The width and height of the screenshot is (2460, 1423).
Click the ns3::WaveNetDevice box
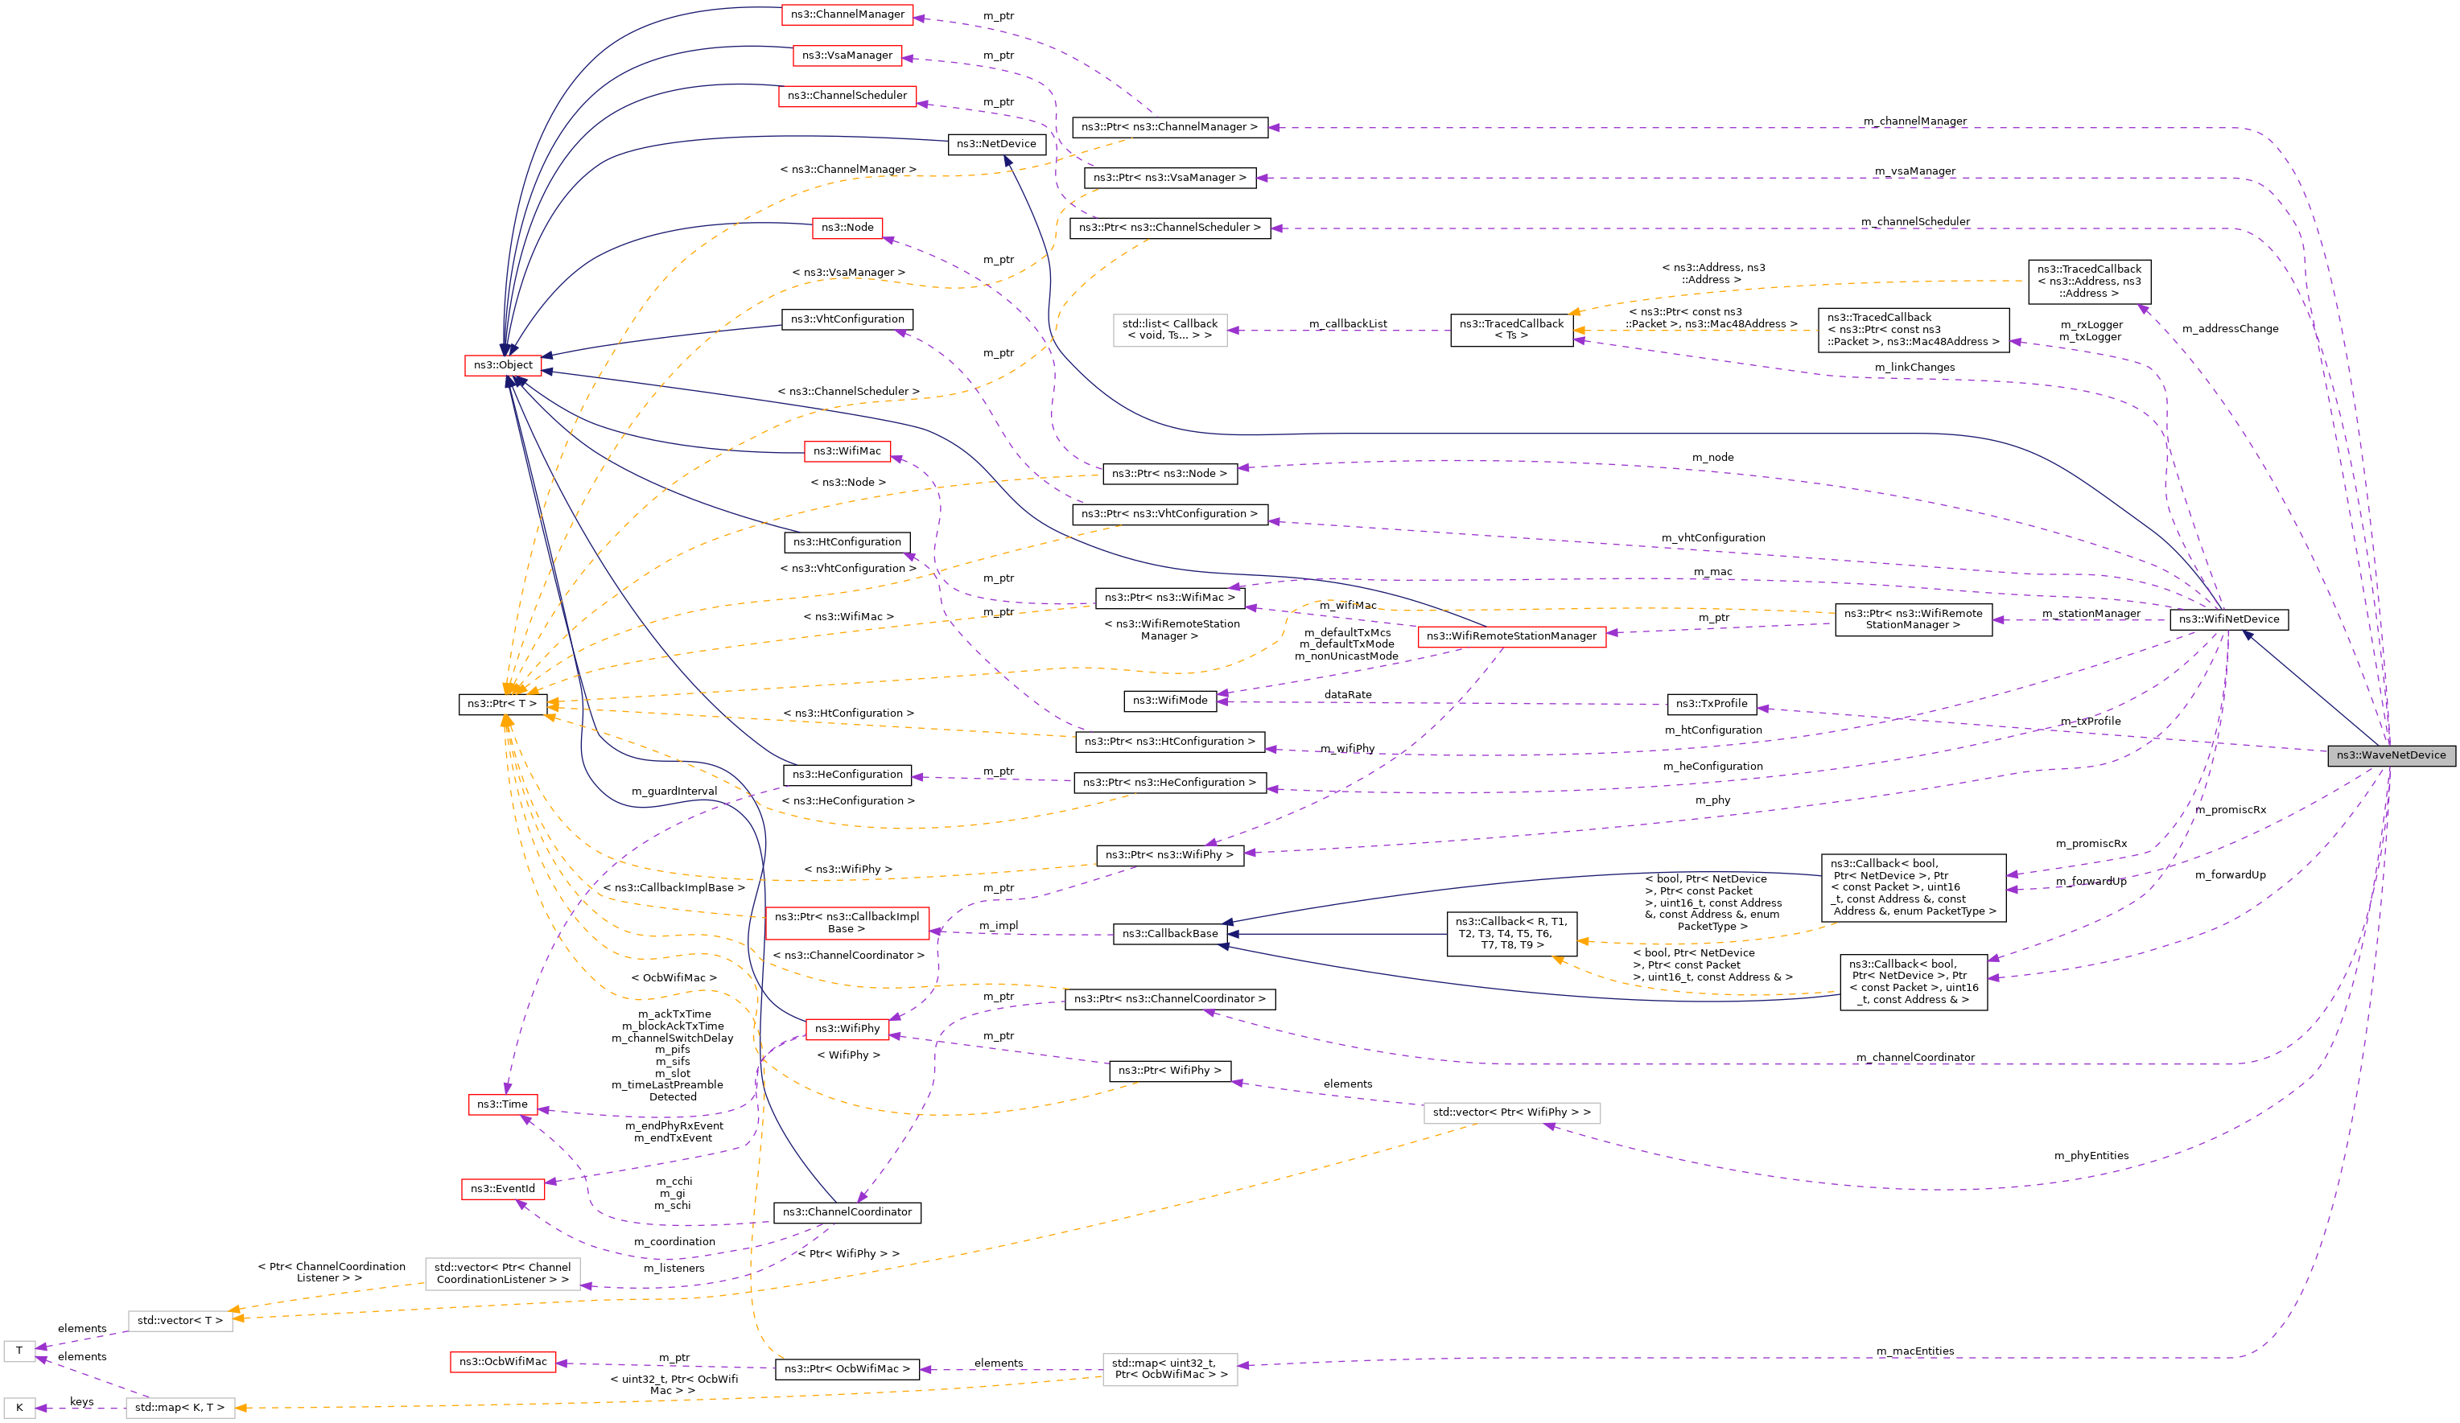pos(2390,755)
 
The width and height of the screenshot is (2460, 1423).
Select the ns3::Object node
pos(503,365)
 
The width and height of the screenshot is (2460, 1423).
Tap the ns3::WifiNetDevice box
pos(2227,619)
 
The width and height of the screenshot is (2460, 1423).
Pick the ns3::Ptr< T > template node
pos(502,704)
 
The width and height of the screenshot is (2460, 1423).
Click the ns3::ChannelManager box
pos(847,14)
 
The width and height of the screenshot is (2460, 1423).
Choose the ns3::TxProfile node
pos(1712,704)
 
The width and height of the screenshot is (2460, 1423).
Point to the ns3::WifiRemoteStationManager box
pos(1511,636)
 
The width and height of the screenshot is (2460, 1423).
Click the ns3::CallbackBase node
pos(1169,934)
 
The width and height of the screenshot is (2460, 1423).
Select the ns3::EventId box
pos(503,1189)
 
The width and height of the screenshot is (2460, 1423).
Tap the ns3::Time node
pos(502,1104)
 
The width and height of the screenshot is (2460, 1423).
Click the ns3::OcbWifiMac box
pos(503,1362)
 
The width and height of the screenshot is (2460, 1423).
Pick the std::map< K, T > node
pos(179,1408)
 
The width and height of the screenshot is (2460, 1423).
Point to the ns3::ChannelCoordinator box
pos(847,1212)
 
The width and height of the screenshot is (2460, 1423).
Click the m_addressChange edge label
pos(2230,329)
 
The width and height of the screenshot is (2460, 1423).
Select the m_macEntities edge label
pos(1914,1351)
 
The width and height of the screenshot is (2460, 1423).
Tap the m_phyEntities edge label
pos(2091,1156)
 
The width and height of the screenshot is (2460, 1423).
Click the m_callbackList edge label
pos(1347,324)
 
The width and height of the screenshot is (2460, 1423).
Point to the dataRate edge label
pos(1347,695)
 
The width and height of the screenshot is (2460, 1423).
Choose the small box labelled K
pos(19,1408)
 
